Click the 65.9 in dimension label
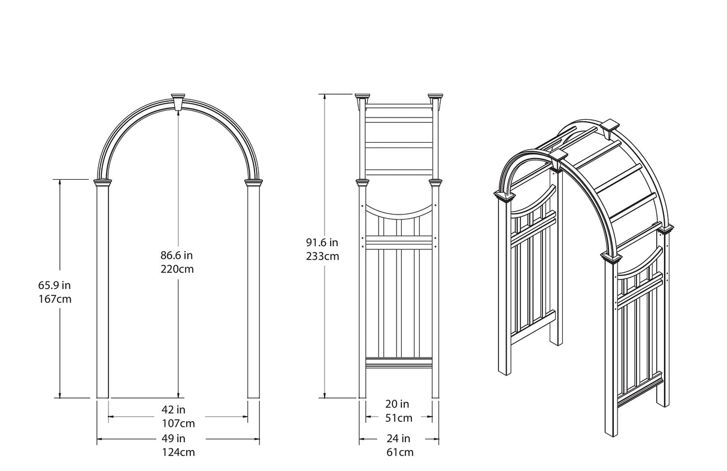pyautogui.click(x=55, y=285)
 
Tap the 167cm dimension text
pyautogui.click(x=55, y=298)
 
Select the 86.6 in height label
pyautogui.click(x=177, y=255)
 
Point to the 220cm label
pyautogui.click(x=177, y=269)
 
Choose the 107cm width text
pyautogui.click(x=178, y=423)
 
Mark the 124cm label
pyautogui.click(x=178, y=452)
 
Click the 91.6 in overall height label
pyautogui.click(x=322, y=243)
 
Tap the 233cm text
pyautogui.click(x=322, y=256)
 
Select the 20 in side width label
pyautogui.click(x=398, y=404)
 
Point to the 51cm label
pyautogui.click(x=398, y=418)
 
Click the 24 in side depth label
pyautogui.click(x=398, y=438)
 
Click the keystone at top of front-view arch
pyautogui.click(x=178, y=101)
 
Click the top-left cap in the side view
pyautogui.click(x=363, y=98)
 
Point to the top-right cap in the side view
pyautogui.click(x=435, y=98)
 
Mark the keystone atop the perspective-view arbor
pyautogui.click(x=609, y=126)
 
